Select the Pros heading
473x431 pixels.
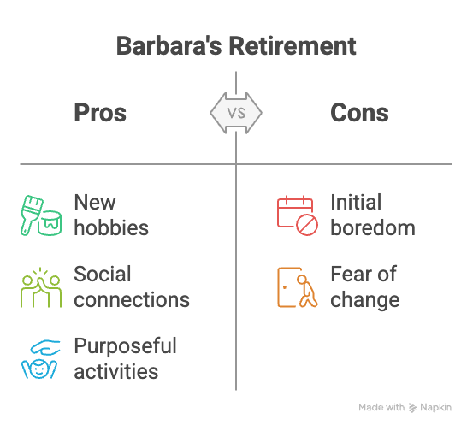click(100, 113)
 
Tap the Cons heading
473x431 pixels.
click(359, 113)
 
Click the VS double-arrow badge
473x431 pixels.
click(236, 112)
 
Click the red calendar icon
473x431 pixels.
click(296, 215)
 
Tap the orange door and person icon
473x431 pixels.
click(296, 287)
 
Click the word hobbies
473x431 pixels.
click(111, 228)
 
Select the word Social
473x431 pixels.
click(103, 275)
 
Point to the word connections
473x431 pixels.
click(132, 300)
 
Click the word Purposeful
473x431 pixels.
click(125, 346)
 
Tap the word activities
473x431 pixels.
click(116, 372)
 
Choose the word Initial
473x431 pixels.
click(356, 203)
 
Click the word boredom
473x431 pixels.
click(373, 228)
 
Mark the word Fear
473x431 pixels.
click(351, 275)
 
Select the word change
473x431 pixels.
click(365, 300)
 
